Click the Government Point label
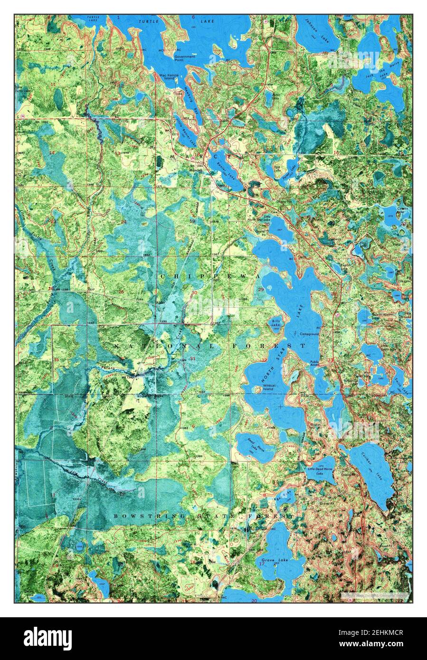click(x=185, y=58)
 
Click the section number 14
click(x=52, y=152)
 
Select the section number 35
click(x=56, y=359)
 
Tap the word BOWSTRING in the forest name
click(x=140, y=515)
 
